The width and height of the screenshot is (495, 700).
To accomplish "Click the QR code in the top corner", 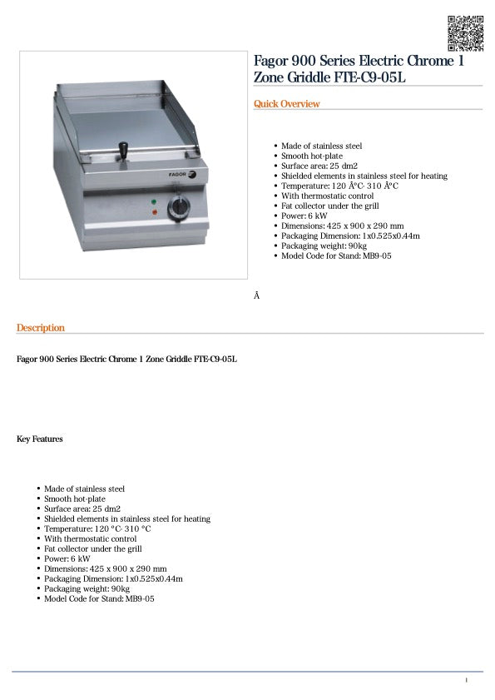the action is click(x=466, y=32).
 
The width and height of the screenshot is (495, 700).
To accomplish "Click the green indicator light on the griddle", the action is click(x=154, y=202).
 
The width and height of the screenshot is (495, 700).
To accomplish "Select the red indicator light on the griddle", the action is click(x=154, y=213).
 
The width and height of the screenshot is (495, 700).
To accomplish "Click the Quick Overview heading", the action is click(x=286, y=104).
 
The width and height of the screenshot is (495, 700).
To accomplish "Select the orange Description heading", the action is click(x=40, y=328).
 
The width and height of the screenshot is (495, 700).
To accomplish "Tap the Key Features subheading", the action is click(x=40, y=439).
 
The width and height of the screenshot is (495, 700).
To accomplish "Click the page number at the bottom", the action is click(x=466, y=681).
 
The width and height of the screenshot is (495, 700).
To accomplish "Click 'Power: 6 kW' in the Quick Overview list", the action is click(x=304, y=216).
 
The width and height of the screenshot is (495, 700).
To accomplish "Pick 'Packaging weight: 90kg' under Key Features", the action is click(x=87, y=588).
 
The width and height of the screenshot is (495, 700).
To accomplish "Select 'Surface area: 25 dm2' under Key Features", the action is click(x=82, y=509).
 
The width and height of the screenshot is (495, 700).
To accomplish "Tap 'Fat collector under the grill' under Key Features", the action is click(x=93, y=549).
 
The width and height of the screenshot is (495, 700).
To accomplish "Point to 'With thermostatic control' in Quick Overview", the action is click(x=327, y=196).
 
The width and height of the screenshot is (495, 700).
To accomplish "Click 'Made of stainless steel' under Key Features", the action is click(x=84, y=489).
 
